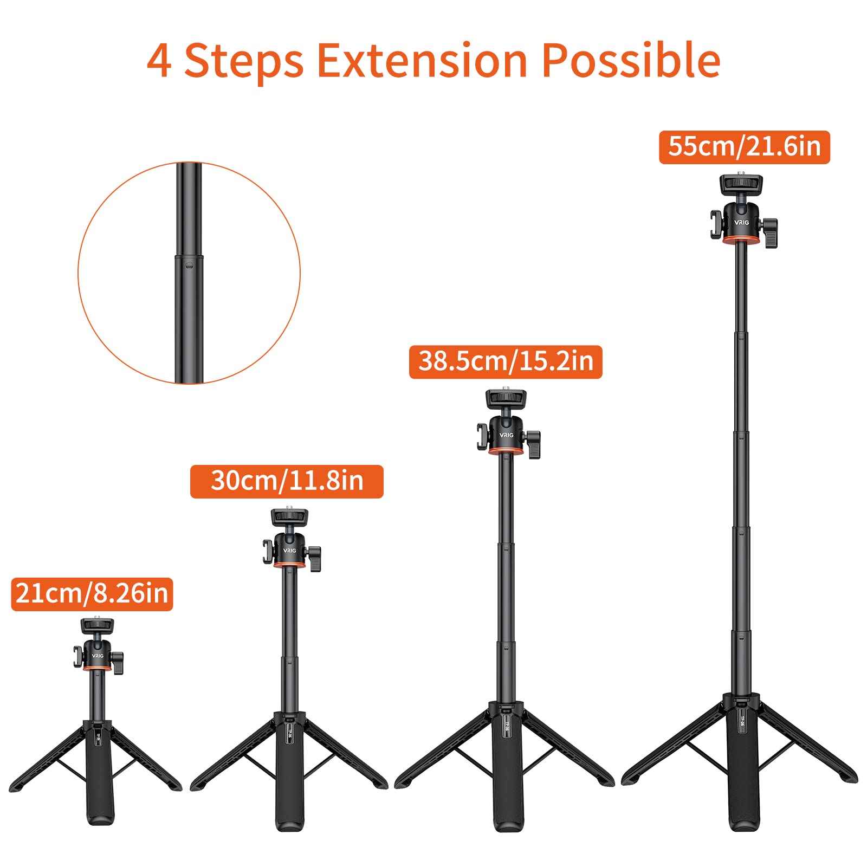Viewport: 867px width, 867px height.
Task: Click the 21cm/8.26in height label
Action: pyautogui.click(x=92, y=594)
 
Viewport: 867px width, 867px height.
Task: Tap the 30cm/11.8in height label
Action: pyautogui.click(x=287, y=481)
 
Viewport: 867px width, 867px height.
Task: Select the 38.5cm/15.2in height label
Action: pyautogui.click(x=506, y=361)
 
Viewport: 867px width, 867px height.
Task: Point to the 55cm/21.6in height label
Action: pyautogui.click(x=744, y=147)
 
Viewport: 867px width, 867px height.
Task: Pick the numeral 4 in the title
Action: pyautogui.click(x=159, y=61)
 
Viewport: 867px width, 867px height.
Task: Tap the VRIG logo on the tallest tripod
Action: pyautogui.click(x=741, y=223)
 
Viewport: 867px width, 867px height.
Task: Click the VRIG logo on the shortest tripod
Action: pyautogui.click(x=98, y=656)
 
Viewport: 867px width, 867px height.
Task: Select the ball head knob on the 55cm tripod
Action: pyautogui.click(x=771, y=231)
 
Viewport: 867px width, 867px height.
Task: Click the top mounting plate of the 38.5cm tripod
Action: pyautogui.click(x=506, y=399)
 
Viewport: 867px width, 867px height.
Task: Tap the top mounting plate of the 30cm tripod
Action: pyautogui.click(x=289, y=517)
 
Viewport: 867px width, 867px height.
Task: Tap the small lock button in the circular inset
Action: pyautogui.click(x=189, y=266)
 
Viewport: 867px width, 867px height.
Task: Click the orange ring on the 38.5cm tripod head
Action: pyautogui.click(x=506, y=451)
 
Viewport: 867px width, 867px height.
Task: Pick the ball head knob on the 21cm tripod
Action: pyautogui.click(x=118, y=663)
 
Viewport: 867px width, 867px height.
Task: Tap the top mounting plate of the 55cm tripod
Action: pyautogui.click(x=741, y=184)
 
